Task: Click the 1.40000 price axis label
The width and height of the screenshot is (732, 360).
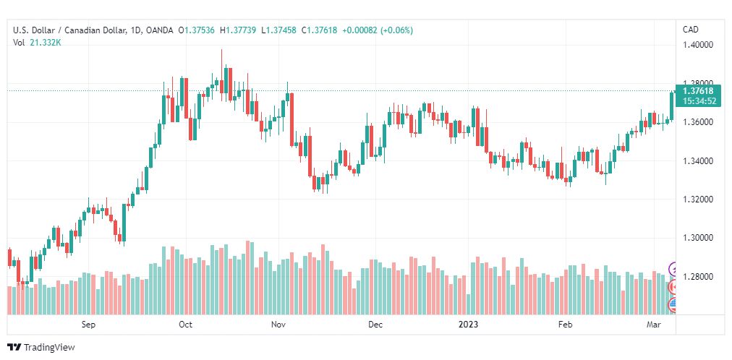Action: [698, 45]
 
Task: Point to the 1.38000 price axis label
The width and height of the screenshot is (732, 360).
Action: [698, 83]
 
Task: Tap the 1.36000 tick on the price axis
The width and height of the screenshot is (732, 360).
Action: [698, 122]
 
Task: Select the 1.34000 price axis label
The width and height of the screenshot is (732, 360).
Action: [698, 161]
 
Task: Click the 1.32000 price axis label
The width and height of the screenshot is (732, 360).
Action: [698, 200]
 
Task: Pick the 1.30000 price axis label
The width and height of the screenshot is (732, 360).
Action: [698, 239]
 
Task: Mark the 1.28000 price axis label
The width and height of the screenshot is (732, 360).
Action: [698, 277]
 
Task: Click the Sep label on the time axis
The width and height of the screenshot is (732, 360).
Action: [88, 325]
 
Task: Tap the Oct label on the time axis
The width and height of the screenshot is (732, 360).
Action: [185, 325]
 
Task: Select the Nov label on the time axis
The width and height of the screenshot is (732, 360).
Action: [278, 325]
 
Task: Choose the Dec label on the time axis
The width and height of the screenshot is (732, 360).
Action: [375, 325]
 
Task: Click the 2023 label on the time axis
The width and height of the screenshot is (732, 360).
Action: [468, 325]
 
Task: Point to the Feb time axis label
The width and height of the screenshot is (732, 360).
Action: [566, 325]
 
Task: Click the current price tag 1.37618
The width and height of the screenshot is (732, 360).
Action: [699, 91]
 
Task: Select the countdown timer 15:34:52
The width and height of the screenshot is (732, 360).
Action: [699, 100]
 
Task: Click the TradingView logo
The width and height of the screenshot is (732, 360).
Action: [41, 348]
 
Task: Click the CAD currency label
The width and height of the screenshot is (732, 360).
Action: [691, 30]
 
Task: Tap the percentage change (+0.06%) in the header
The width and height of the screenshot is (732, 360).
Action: [397, 30]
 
